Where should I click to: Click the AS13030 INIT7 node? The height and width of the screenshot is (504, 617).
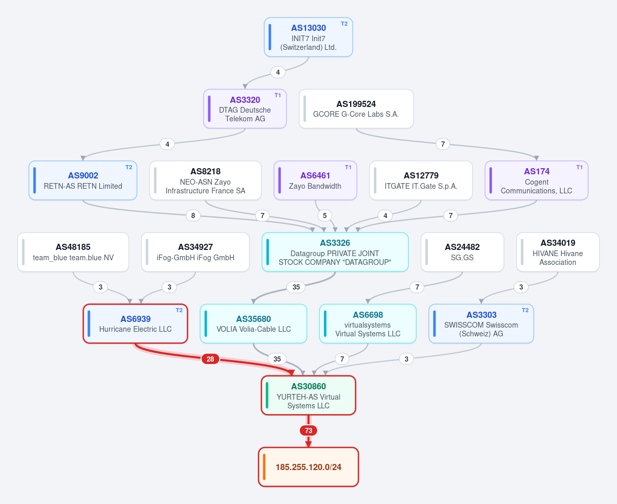[x=308, y=37]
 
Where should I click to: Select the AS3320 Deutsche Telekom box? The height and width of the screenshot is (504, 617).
[x=245, y=109]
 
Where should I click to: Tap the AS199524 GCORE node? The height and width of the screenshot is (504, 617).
[x=356, y=109]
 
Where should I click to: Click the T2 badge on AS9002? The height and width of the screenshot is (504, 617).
[x=129, y=167]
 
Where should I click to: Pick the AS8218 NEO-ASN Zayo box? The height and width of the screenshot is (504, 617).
[x=205, y=181]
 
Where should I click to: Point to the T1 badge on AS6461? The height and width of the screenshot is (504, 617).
[x=348, y=167]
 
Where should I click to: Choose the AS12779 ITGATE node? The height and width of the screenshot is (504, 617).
[x=421, y=181]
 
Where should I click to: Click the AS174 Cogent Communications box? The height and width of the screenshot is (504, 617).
[x=536, y=181]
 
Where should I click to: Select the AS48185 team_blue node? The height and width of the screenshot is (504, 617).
[x=73, y=252]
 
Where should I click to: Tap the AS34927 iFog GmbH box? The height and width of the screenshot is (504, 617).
[x=195, y=252]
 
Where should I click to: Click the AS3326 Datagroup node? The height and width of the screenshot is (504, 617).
[x=335, y=252]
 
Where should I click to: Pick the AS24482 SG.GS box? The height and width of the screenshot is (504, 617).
[x=462, y=252]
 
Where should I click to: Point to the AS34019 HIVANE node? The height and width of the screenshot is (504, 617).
[x=557, y=252]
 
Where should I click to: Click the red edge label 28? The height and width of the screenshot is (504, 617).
[x=210, y=359]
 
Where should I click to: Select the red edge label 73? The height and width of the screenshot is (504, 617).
[x=308, y=430]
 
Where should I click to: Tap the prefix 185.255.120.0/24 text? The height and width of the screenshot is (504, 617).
[x=308, y=467]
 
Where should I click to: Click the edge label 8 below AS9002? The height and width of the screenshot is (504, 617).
[x=193, y=215]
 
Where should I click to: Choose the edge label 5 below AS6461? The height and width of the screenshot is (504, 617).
[x=325, y=215]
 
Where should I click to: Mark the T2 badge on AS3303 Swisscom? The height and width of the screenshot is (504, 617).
[x=525, y=310]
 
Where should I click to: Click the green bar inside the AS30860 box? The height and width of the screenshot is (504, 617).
[x=267, y=395]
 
